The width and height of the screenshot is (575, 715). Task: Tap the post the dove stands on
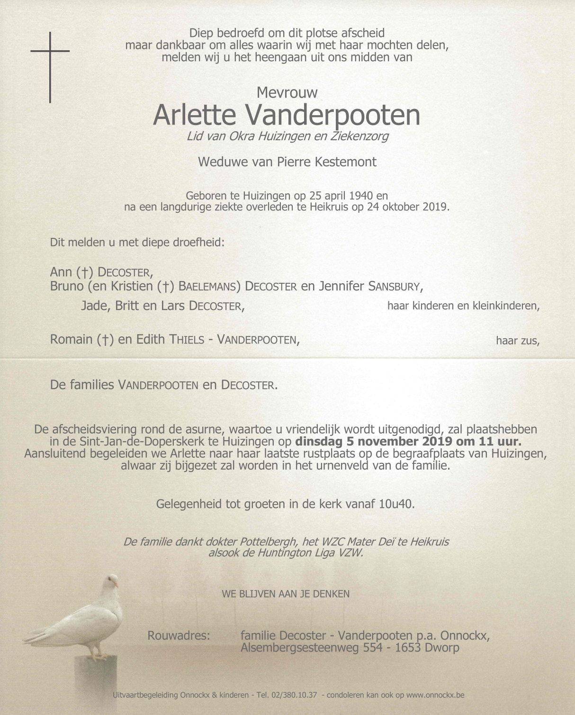96,682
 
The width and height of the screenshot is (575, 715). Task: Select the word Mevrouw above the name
287,92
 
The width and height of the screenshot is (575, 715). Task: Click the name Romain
71,340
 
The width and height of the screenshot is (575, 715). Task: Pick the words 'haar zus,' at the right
517,341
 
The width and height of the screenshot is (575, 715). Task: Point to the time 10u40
396,504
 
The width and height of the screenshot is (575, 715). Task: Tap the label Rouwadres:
179,635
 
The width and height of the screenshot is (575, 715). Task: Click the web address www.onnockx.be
435,695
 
